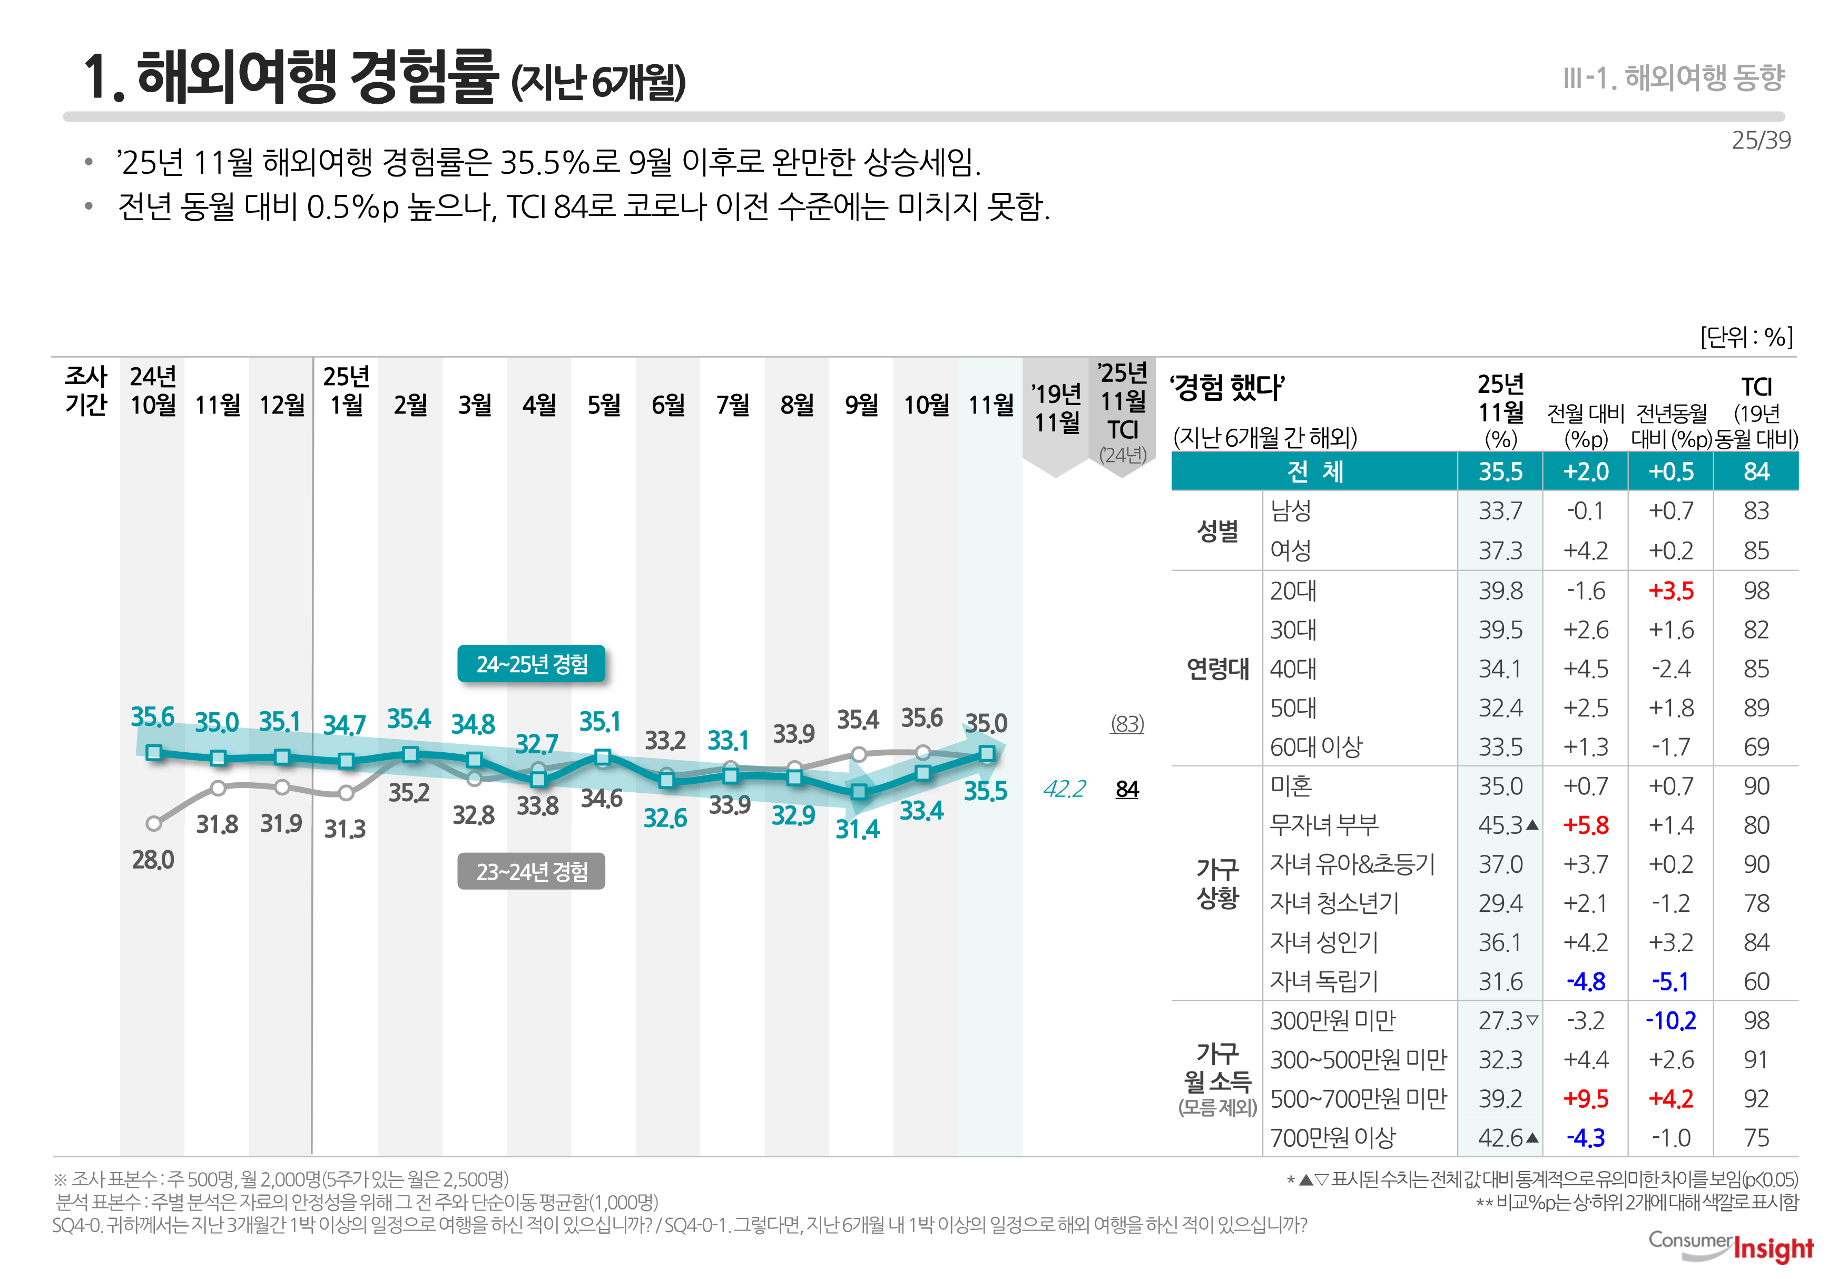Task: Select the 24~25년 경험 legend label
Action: click(x=532, y=664)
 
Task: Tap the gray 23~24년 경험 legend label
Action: click(x=532, y=871)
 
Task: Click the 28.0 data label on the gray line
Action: click(x=152, y=860)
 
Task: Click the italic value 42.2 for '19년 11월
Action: click(x=1064, y=789)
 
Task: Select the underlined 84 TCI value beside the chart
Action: click(x=1127, y=789)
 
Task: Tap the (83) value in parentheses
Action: click(x=1127, y=724)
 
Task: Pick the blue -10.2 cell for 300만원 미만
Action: click(x=1671, y=1021)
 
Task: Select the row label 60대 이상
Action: click(x=1316, y=747)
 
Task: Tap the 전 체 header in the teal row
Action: click(x=1314, y=471)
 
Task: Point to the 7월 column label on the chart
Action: click(x=732, y=405)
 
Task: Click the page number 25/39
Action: click(x=1761, y=140)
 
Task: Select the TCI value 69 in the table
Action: click(x=1756, y=747)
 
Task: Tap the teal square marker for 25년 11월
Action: click(x=987, y=753)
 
